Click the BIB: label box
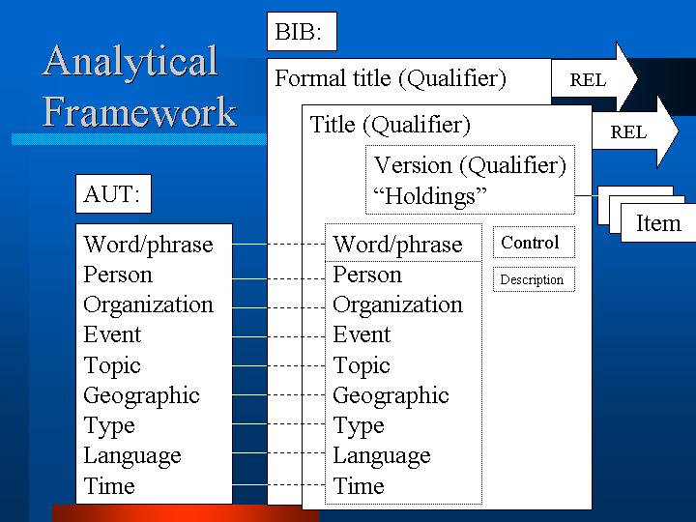[302, 32]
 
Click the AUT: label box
[114, 194]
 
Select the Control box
[534, 243]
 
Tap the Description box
[534, 279]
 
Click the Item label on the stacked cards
[658, 223]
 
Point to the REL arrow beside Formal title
[594, 78]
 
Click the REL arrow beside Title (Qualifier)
[636, 131]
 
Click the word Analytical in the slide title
[130, 62]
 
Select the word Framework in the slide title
[139, 112]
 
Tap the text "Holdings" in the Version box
[430, 195]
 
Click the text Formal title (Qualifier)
[391, 78]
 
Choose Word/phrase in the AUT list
[149, 245]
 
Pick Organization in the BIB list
[397, 305]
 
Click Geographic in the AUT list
[141, 396]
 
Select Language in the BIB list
[382, 456]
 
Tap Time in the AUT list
[109, 485]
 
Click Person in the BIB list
[367, 275]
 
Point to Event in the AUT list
[112, 334]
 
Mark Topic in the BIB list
[362, 366]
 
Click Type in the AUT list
[109, 426]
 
